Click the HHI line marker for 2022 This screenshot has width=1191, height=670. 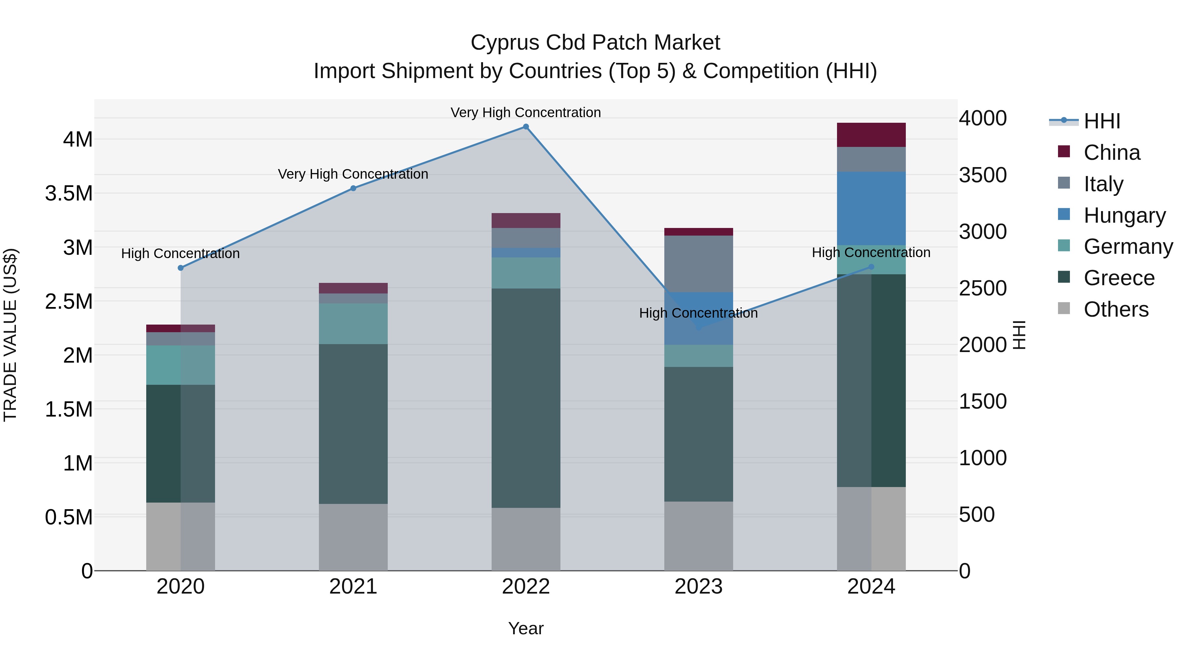[x=526, y=127]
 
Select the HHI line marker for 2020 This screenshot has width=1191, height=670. [x=181, y=268]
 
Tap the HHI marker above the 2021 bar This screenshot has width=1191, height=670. [x=353, y=188]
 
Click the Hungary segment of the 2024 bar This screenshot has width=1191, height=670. [x=871, y=208]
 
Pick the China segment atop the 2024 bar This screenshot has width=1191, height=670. [x=871, y=135]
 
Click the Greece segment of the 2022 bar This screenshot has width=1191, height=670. [x=526, y=398]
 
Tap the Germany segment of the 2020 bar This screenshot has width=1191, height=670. [x=181, y=365]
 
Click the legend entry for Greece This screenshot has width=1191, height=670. [x=1119, y=278]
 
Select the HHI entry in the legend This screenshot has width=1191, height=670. [x=1101, y=121]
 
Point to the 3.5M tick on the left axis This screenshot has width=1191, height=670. [x=69, y=193]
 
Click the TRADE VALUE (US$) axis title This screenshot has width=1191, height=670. [x=10, y=335]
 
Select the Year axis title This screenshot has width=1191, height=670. [x=526, y=628]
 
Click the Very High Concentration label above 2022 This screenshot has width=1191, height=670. [x=526, y=112]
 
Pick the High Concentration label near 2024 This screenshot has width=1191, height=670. [x=871, y=252]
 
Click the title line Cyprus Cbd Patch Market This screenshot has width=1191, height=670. [x=595, y=43]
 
